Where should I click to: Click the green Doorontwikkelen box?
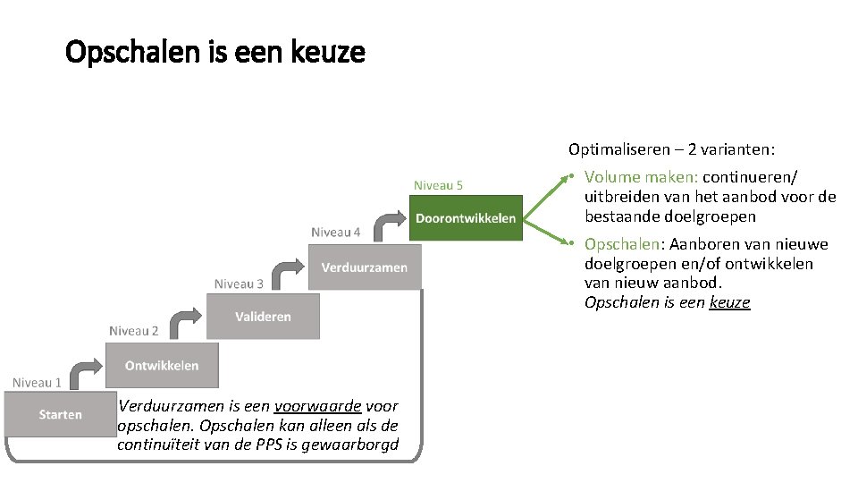pos(466,218)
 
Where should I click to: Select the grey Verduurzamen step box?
pos(365,267)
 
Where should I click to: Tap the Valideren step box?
pos(263,317)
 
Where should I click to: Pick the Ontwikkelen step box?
pos(162,365)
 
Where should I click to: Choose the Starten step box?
pos(60,414)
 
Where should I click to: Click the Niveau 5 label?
pos(438,185)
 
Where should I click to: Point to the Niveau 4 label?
pos(336,233)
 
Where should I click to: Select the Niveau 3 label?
pos(239,284)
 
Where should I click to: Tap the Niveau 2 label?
pos(134,331)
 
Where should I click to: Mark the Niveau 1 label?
pos(37,382)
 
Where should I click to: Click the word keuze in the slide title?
pos(328,53)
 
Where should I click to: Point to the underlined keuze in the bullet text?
pos(729,302)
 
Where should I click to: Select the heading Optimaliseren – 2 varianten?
pos(671,149)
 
